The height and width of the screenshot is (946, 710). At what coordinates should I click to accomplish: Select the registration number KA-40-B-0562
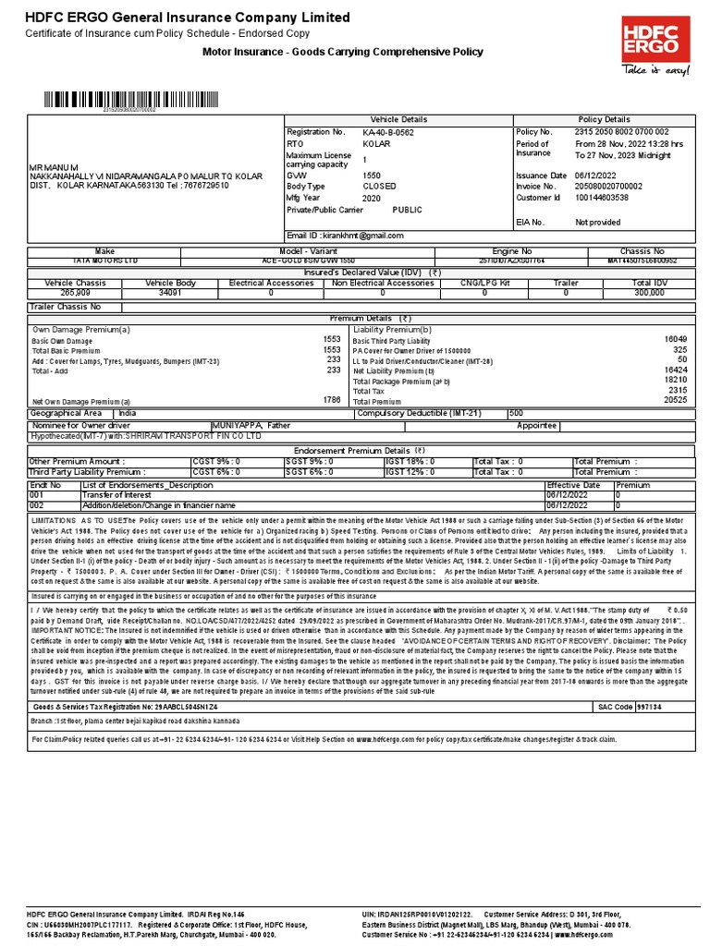tap(388, 132)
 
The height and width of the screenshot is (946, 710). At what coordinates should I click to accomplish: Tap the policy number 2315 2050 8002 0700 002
tap(621, 132)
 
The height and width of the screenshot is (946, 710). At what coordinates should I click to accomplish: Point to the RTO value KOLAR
tap(377, 145)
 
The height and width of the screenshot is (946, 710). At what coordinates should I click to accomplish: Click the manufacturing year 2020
tap(372, 198)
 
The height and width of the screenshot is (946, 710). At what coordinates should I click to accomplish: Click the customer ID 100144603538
tap(602, 198)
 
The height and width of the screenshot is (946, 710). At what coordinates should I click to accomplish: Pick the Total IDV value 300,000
tap(649, 292)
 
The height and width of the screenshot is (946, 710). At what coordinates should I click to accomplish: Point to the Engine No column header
tap(513, 251)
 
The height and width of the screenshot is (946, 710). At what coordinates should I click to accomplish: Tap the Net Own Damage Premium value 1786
tap(332, 400)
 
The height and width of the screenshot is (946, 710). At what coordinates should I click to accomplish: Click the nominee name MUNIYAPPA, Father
tap(251, 425)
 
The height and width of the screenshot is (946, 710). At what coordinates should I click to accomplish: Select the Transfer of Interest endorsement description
tap(117, 494)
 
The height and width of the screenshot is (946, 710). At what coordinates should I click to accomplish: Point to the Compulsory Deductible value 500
tap(516, 413)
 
